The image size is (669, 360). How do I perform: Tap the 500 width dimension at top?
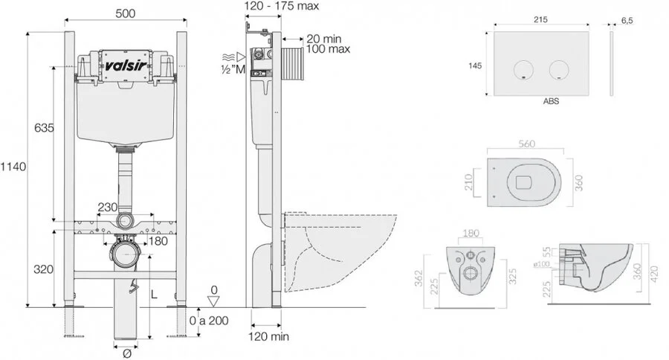pos(126,13)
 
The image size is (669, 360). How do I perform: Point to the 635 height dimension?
pos(44,129)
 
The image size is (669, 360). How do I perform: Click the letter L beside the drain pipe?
pos(155,295)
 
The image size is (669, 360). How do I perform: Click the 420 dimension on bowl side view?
pos(656,274)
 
